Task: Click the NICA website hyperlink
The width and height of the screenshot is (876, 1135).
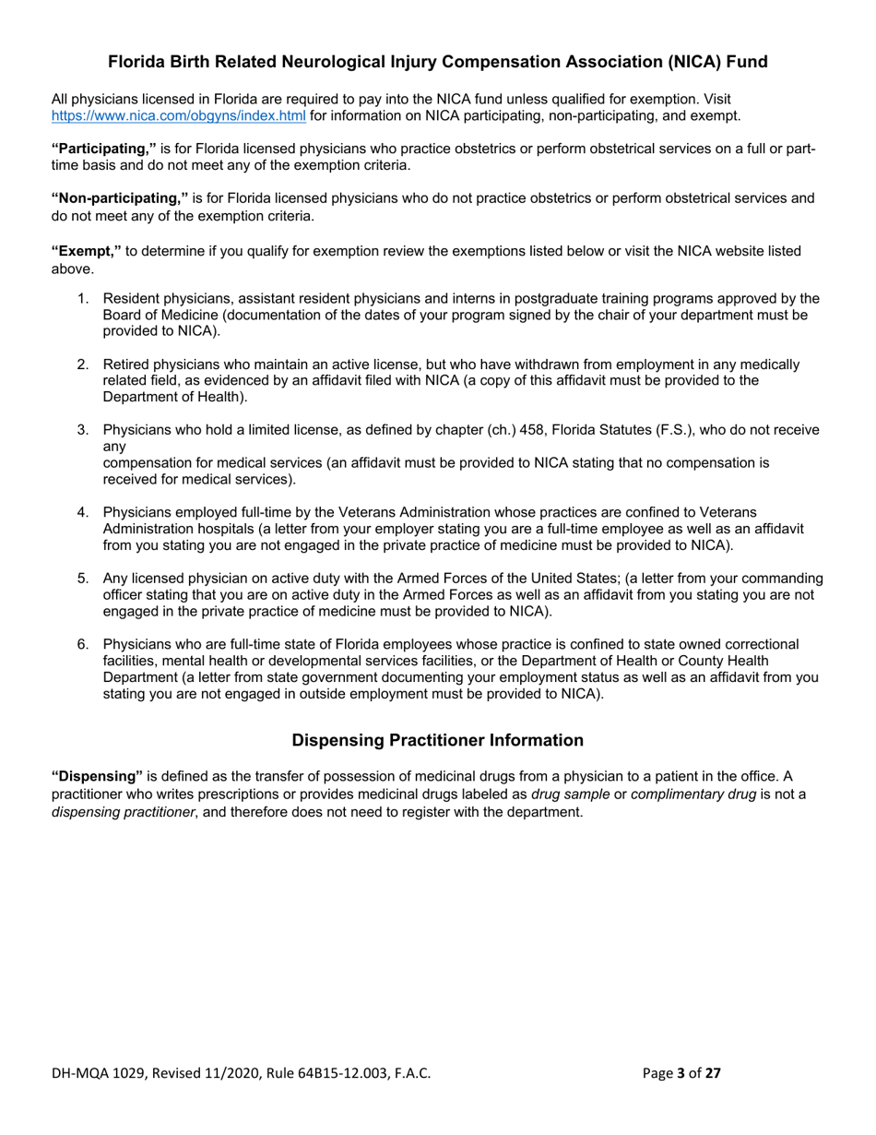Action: tap(178, 115)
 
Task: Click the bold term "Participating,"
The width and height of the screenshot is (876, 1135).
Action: tap(103, 149)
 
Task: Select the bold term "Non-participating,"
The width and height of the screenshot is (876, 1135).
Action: tap(119, 198)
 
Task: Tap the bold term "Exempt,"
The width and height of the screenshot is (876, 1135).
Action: tap(86, 251)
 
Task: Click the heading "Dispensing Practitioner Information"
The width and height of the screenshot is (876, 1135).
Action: tap(437, 740)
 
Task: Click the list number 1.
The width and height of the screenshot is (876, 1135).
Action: tap(82, 298)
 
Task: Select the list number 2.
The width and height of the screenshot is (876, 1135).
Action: tap(82, 364)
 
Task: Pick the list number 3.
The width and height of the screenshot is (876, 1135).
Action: tap(82, 430)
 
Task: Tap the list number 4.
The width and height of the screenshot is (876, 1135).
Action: tap(82, 512)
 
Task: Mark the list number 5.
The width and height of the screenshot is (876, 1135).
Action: tap(82, 579)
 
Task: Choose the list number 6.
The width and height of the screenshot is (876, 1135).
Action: tap(82, 644)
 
